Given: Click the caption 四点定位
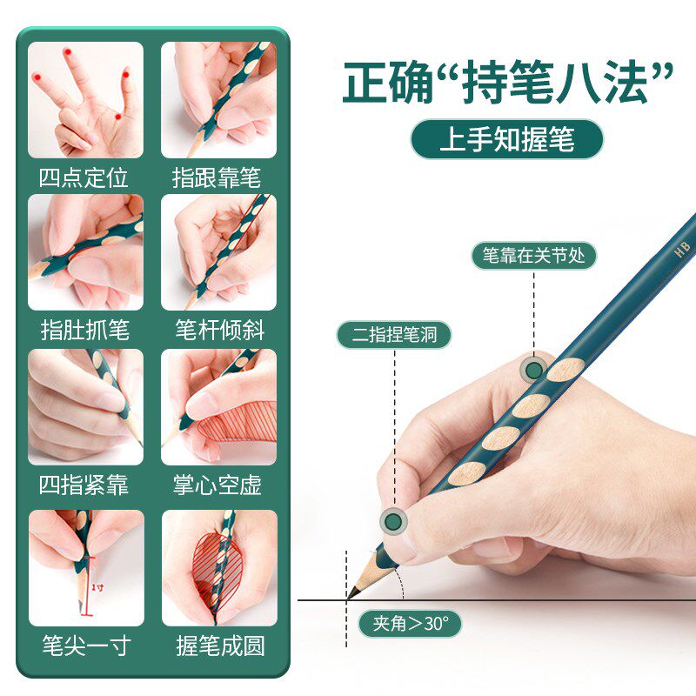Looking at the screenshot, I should pos(84,178).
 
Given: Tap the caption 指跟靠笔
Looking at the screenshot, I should pos(217,178).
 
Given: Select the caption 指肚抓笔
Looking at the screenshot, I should pos(84,331).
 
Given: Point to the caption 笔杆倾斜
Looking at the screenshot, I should pos(218,331).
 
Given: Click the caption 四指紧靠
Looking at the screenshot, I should pos(84,485).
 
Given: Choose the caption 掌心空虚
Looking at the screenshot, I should pos(217,485).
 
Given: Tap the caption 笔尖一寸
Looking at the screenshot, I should pos(84,646).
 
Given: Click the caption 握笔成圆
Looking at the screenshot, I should pos(218,646).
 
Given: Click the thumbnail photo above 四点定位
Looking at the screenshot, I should pos(85,100).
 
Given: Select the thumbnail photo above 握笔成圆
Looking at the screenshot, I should pos(218,567).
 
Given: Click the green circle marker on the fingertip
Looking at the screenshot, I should pos(394,521).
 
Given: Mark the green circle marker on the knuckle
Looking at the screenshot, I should pos(533,371).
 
